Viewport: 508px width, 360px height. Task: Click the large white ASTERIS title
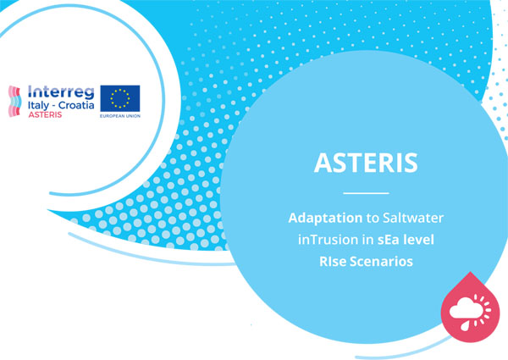pyautogui.click(x=366, y=163)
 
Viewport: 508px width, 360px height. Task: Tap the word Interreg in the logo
pyautogui.click(x=61, y=92)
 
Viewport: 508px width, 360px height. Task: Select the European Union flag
pyautogui.click(x=120, y=98)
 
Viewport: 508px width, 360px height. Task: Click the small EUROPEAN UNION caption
pyautogui.click(x=120, y=116)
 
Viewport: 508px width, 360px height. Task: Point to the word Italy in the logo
pyautogui.click(x=38, y=105)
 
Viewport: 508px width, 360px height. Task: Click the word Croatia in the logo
pyautogui.click(x=76, y=105)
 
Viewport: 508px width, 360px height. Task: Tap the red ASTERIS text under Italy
pyautogui.click(x=45, y=114)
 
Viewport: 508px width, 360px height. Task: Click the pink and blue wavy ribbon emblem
pyautogui.click(x=14, y=101)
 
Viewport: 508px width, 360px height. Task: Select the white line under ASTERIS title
pyautogui.click(x=366, y=193)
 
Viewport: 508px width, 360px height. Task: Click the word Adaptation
pyautogui.click(x=325, y=218)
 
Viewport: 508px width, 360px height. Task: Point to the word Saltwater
pyautogui.click(x=413, y=218)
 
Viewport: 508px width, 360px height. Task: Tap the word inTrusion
pyautogui.click(x=328, y=240)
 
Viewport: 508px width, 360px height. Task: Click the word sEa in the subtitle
pyautogui.click(x=389, y=240)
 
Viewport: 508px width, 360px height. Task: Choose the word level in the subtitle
pyautogui.click(x=419, y=240)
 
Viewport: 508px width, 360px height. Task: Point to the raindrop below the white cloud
pyautogui.click(x=465, y=326)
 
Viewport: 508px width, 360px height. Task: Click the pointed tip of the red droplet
pyautogui.click(x=471, y=272)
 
